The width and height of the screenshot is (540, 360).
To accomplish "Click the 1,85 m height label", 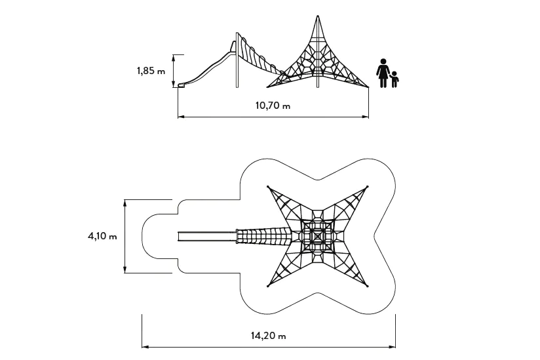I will pos(151,71).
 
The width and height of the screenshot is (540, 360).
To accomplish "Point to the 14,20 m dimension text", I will pos(269,336).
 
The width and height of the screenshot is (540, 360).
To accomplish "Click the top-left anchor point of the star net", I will pos(268,188).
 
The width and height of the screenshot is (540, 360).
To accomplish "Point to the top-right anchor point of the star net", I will pos(368,188).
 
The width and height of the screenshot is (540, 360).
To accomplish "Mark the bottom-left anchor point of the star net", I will pos(268,286).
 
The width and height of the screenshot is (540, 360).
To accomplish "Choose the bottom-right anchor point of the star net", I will pos(368,286).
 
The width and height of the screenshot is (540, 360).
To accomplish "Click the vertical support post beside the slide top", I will pos(236,62).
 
